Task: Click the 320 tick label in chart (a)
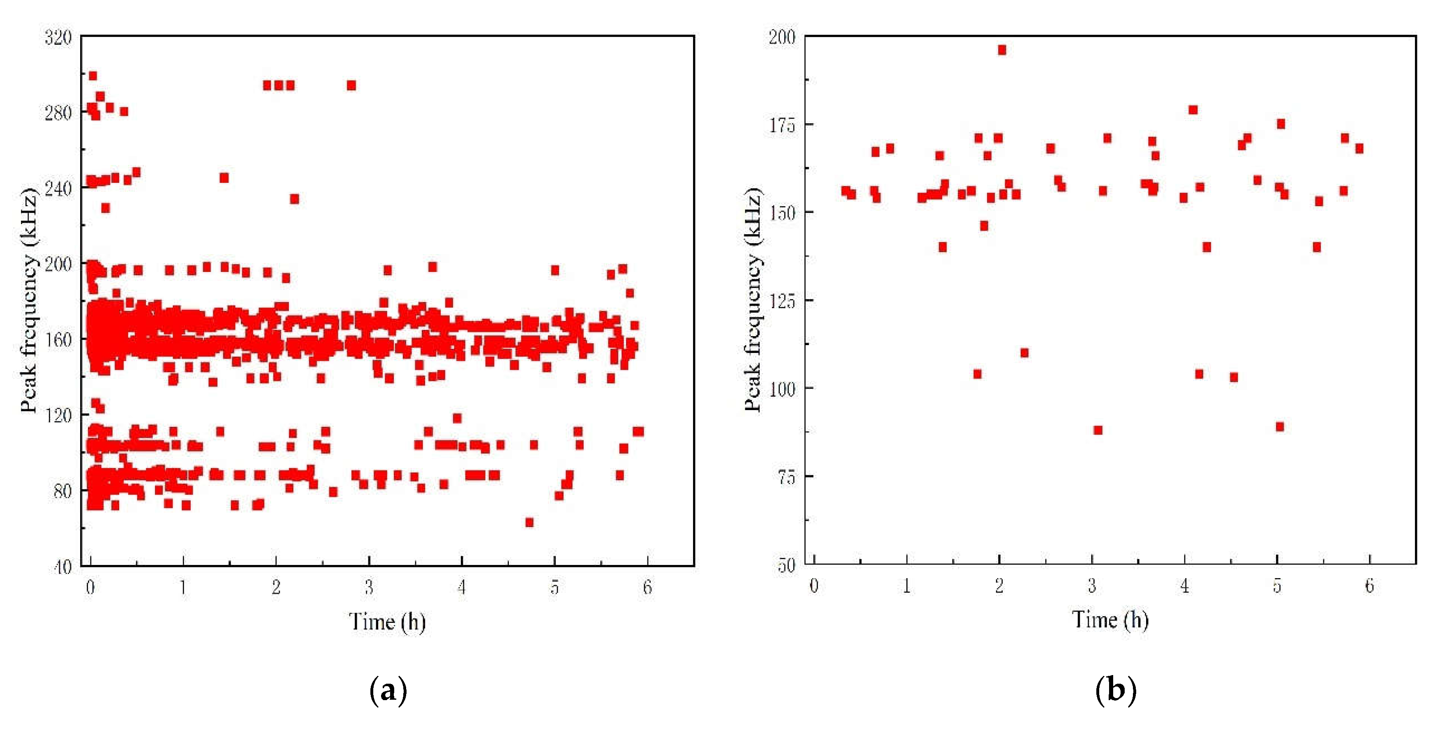point(58,38)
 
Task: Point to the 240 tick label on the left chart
point(58,189)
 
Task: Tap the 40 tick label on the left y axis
point(62,567)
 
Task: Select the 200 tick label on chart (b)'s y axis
point(781,37)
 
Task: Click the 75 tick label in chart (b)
point(786,477)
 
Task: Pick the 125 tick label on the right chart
point(781,301)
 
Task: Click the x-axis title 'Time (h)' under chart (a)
point(387,621)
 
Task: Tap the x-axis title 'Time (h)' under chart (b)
point(1110,619)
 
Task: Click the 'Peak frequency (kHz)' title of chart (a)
point(29,300)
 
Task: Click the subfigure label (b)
point(1115,690)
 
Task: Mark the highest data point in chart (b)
point(1002,50)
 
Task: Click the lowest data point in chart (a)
point(529,522)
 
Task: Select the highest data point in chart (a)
point(93,76)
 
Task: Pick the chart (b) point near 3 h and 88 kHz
point(1098,430)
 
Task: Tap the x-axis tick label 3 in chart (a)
point(369,587)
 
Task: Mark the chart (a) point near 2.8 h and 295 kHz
point(351,85)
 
